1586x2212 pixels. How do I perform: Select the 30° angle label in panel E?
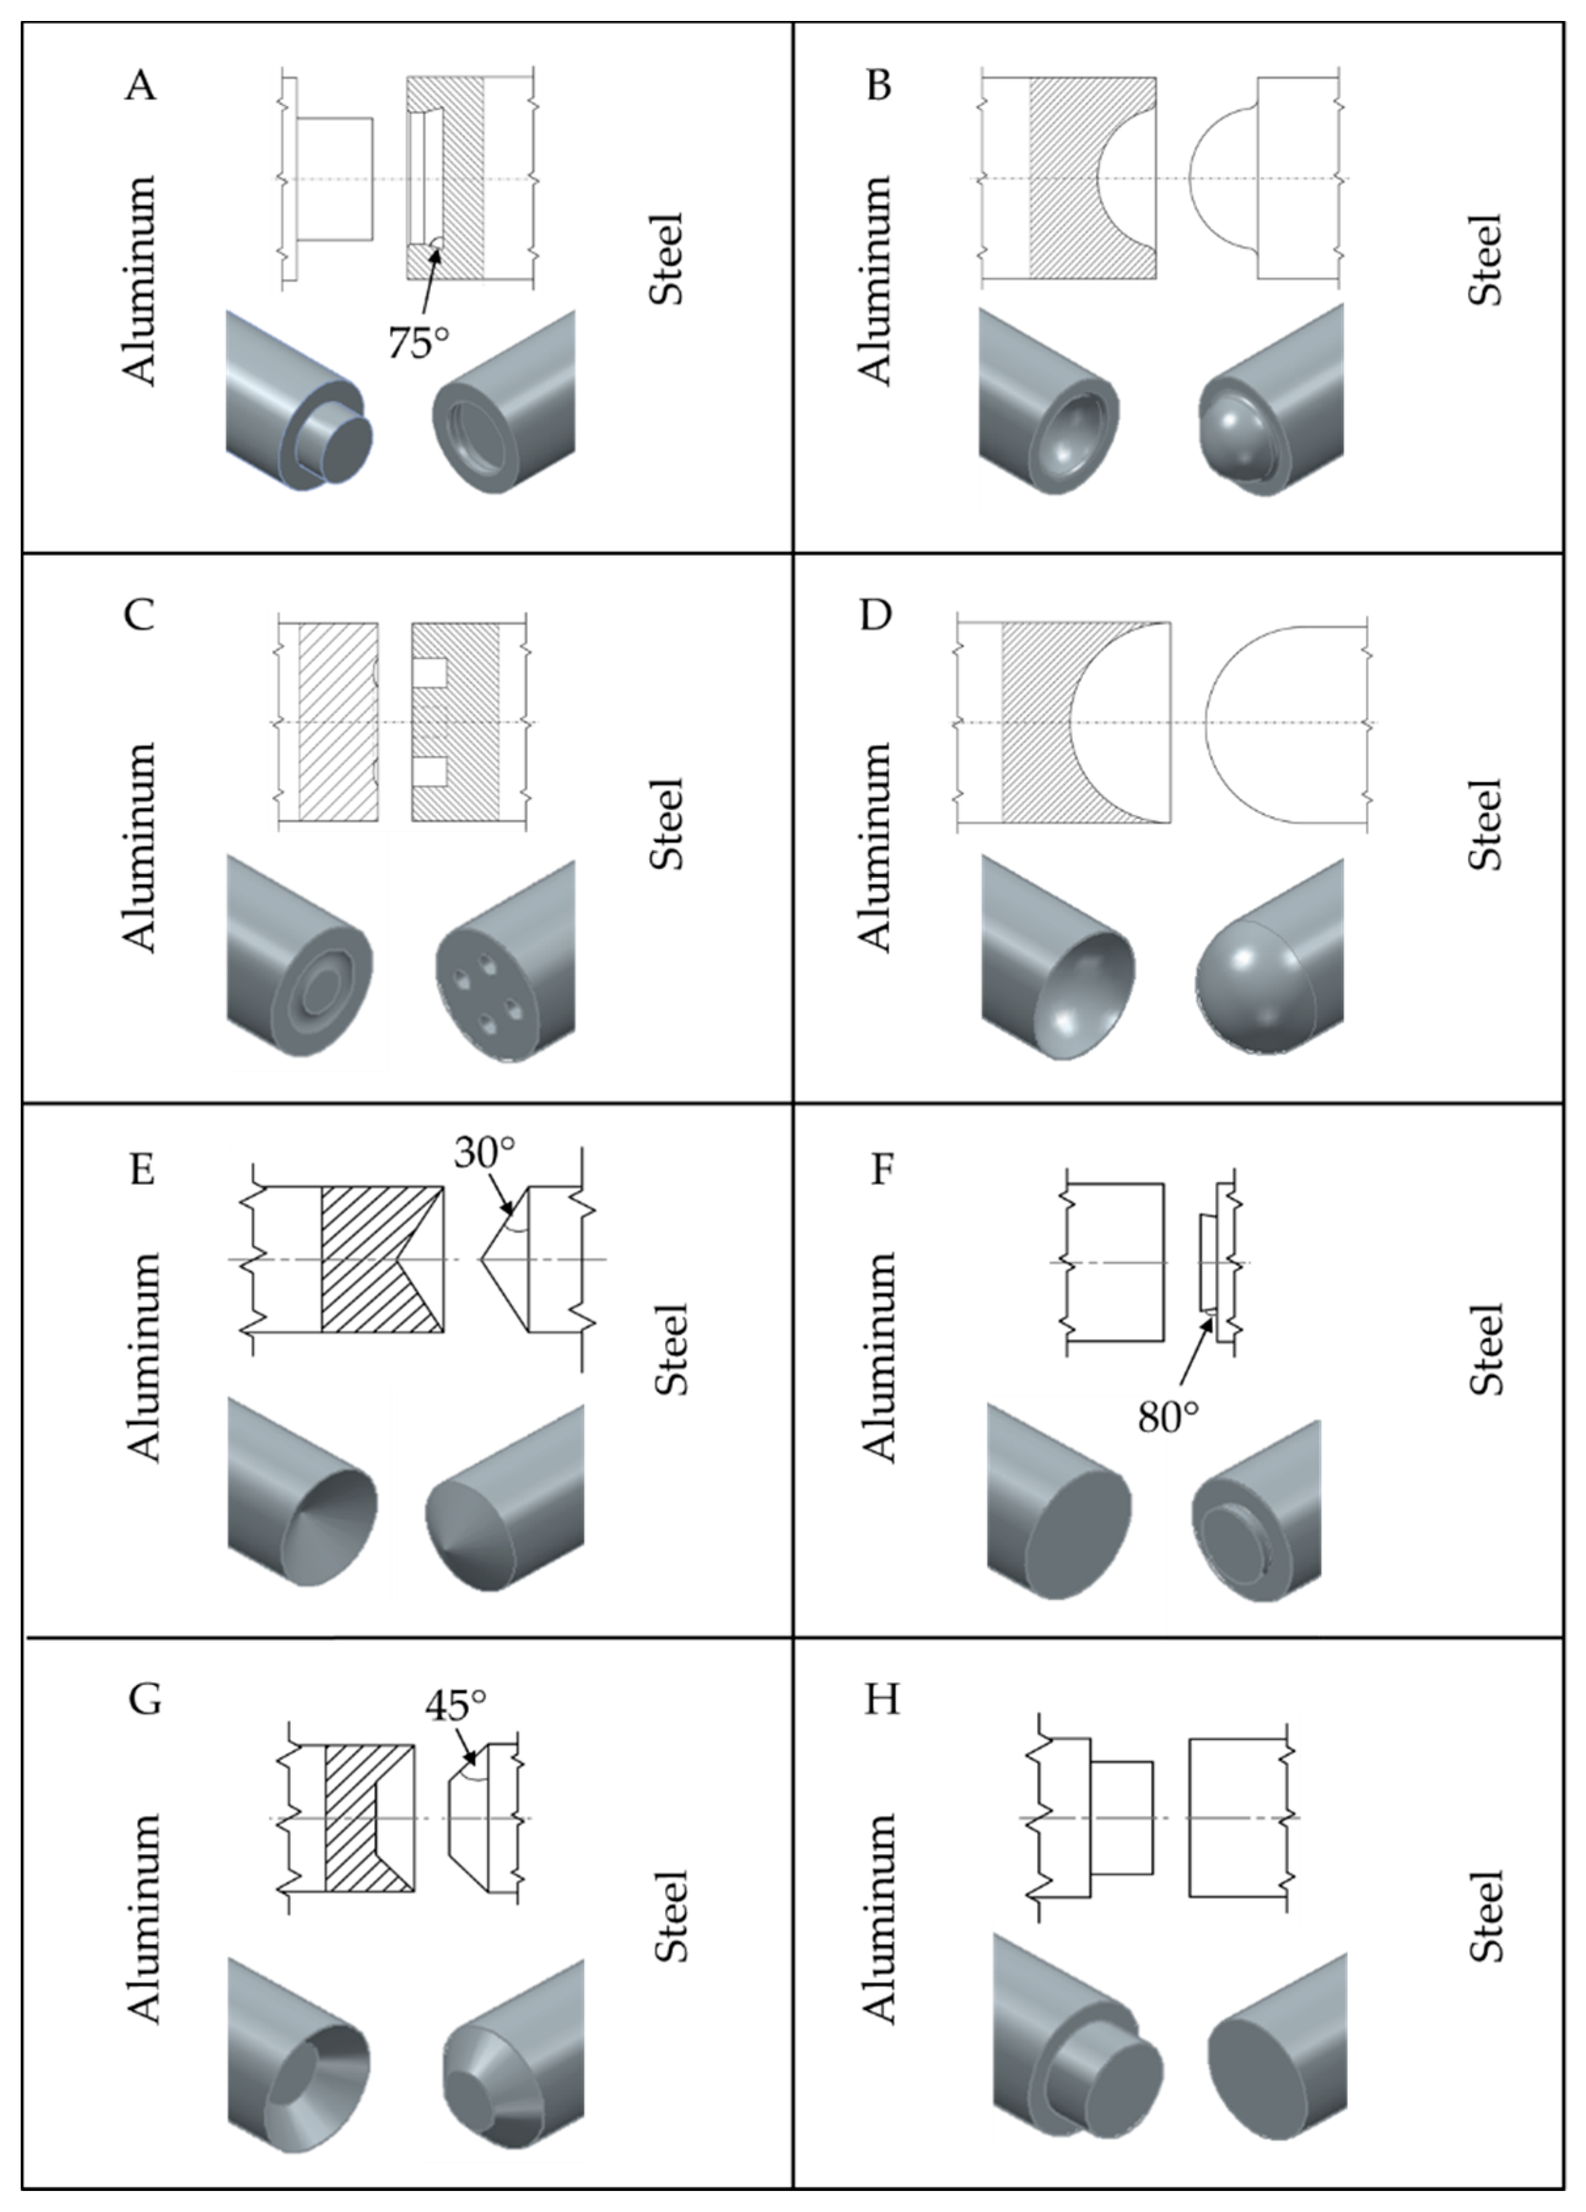pyautogui.click(x=484, y=1152)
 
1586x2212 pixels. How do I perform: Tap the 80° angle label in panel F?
pyautogui.click(x=1168, y=1416)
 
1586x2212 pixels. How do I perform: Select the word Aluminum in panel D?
pyautogui.click(x=875, y=846)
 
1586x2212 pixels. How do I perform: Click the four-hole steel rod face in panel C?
pyautogui.click(x=488, y=1000)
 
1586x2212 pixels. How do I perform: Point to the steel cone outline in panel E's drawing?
pyautogui.click(x=507, y=1258)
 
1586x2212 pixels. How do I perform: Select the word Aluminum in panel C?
pyautogui.click(x=139, y=846)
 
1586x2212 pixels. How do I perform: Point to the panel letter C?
pyautogui.click(x=139, y=615)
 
